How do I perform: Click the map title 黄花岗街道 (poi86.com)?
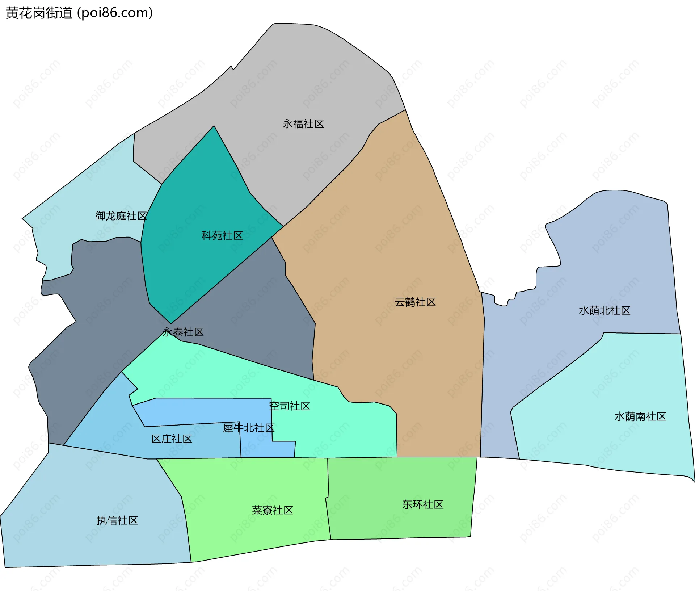[79, 13]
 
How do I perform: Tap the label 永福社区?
[303, 124]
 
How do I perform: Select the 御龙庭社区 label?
[121, 216]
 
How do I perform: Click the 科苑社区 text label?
[222, 236]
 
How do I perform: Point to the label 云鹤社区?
[415, 302]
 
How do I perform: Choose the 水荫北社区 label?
[604, 310]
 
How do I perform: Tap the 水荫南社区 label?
[640, 416]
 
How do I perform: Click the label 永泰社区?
[183, 332]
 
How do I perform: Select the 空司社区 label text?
[290, 406]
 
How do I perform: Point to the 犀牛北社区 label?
[248, 428]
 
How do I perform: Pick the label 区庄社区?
[172, 439]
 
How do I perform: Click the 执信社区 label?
[117, 520]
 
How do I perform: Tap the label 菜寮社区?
[272, 510]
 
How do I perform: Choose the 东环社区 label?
[422, 504]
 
